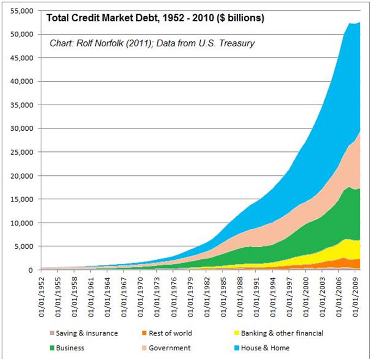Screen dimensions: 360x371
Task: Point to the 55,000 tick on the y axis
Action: point(23,11)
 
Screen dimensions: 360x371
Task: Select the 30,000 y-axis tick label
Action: point(23,129)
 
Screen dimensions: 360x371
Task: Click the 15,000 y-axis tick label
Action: point(23,199)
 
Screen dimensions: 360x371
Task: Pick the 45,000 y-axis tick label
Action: point(23,58)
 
